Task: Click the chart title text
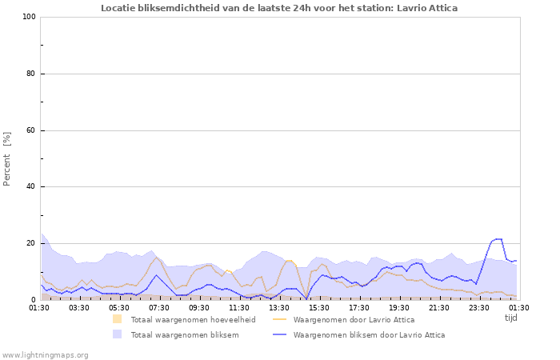(279, 8)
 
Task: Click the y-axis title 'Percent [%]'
(7, 158)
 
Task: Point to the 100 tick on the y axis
(29, 17)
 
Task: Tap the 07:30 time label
(159, 307)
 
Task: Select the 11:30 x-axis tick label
(239, 307)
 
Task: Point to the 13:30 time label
(279, 307)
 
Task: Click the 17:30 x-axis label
(359, 307)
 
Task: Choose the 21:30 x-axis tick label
(439, 307)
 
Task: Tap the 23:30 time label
(479, 307)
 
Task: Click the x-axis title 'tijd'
(511, 318)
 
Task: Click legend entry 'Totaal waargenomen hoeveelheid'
(193, 320)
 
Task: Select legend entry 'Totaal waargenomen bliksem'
(184, 335)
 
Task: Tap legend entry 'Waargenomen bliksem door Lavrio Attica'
(369, 335)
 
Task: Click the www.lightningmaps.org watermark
(45, 354)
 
